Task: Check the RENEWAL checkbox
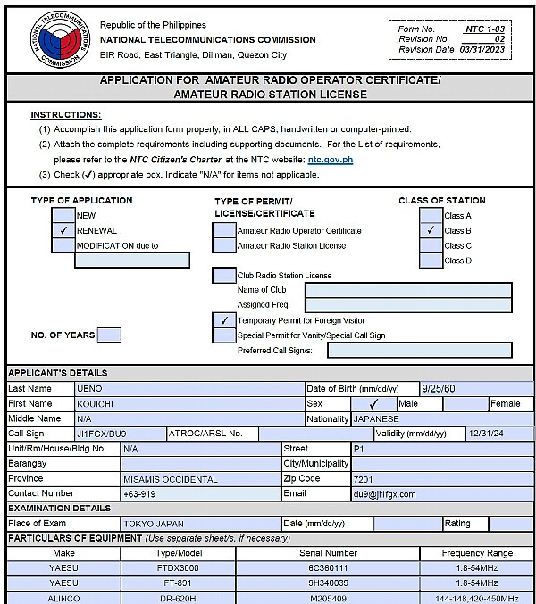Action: tap(63, 230)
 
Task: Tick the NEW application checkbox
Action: tap(63, 215)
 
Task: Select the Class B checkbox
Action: tap(431, 230)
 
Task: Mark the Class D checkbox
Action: tap(431, 261)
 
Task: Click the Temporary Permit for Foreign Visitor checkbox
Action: tap(224, 320)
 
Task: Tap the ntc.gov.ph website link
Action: tap(330, 159)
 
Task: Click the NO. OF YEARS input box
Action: tap(109, 335)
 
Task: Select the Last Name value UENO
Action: tap(91, 389)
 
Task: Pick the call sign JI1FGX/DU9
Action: tap(103, 434)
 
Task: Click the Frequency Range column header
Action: tap(477, 553)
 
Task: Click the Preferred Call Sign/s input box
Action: tap(419, 351)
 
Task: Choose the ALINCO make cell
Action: tap(63, 598)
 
